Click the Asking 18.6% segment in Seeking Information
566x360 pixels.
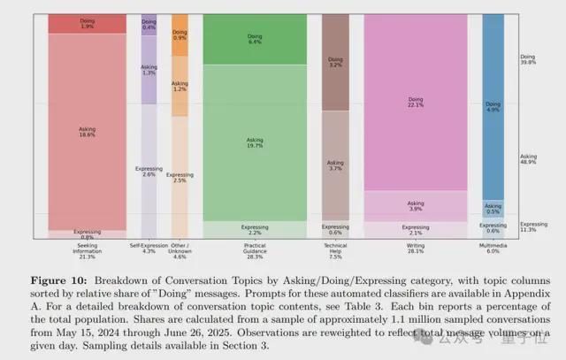86,133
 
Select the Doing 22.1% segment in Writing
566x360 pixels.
415,104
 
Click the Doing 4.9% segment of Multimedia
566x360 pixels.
493,107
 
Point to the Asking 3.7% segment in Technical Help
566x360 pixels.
335,165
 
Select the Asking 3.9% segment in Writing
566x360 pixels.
415,204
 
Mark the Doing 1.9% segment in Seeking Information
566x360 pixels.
86,24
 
